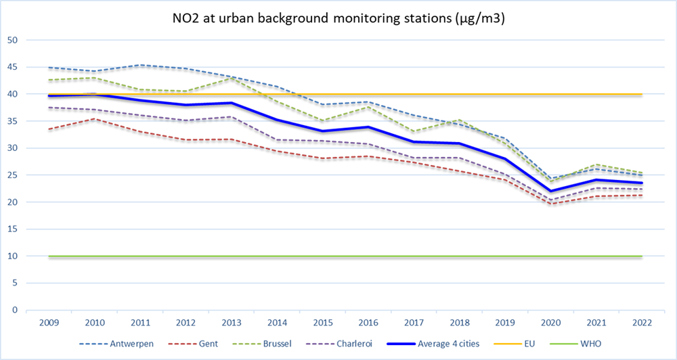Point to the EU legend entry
526,344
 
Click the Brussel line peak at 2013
232,78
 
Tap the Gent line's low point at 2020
551,204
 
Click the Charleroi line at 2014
278,140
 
